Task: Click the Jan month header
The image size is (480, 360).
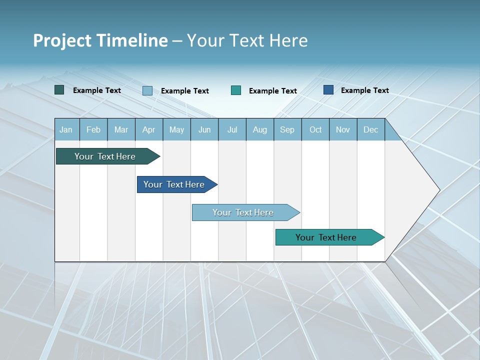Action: pyautogui.click(x=66, y=129)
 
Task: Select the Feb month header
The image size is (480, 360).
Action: pyautogui.click(x=93, y=129)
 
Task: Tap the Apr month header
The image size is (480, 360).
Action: pyautogui.click(x=148, y=129)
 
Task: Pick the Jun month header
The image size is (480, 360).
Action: pyautogui.click(x=204, y=129)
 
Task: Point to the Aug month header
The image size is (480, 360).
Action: pyautogui.click(x=259, y=129)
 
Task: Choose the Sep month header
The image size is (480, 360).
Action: pyautogui.click(x=287, y=129)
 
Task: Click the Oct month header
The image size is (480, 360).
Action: pyautogui.click(x=315, y=129)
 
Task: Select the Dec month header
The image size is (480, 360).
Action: pyautogui.click(x=370, y=129)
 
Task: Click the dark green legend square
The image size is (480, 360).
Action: pyautogui.click(x=59, y=90)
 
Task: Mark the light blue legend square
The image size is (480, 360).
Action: pyautogui.click(x=147, y=90)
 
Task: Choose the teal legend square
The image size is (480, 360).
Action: pyautogui.click(x=236, y=90)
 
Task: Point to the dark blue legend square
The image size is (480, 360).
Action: pyautogui.click(x=328, y=90)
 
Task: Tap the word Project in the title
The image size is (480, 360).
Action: pyautogui.click(x=61, y=40)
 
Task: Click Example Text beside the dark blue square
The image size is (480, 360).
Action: pyautogui.click(x=364, y=90)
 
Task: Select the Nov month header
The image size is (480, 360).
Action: pyautogui.click(x=342, y=129)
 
